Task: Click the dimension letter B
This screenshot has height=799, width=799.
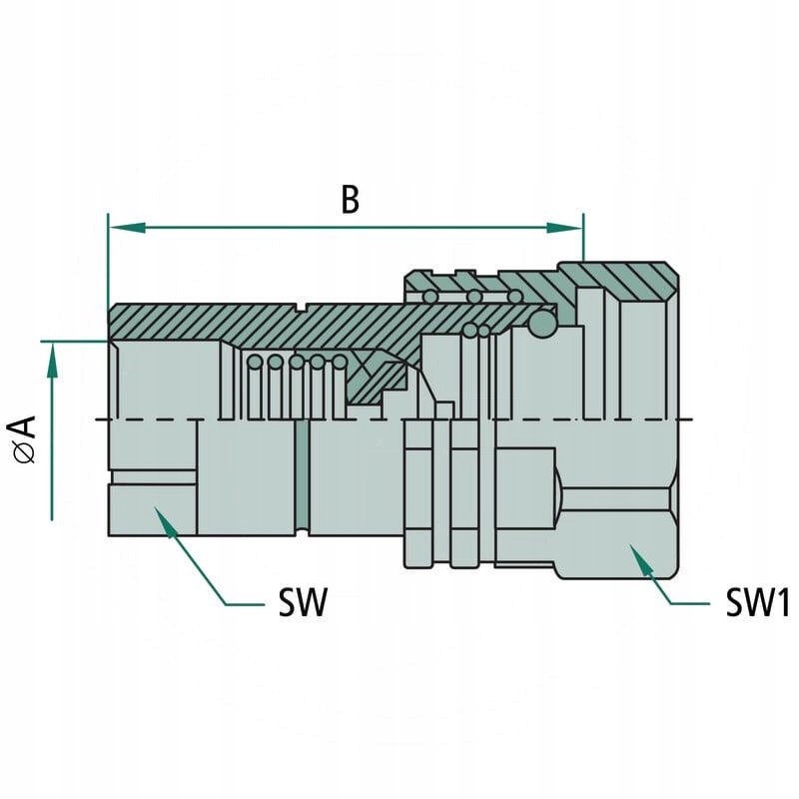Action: click(x=349, y=200)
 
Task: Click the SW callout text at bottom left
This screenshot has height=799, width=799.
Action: click(x=303, y=603)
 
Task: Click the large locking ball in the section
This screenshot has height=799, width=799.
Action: click(x=542, y=324)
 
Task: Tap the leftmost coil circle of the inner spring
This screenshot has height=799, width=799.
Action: click(x=255, y=362)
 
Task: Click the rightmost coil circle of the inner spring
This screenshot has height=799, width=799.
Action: click(x=341, y=363)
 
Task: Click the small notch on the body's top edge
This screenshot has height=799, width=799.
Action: click(x=301, y=304)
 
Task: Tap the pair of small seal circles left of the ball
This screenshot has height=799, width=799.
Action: click(x=476, y=331)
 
